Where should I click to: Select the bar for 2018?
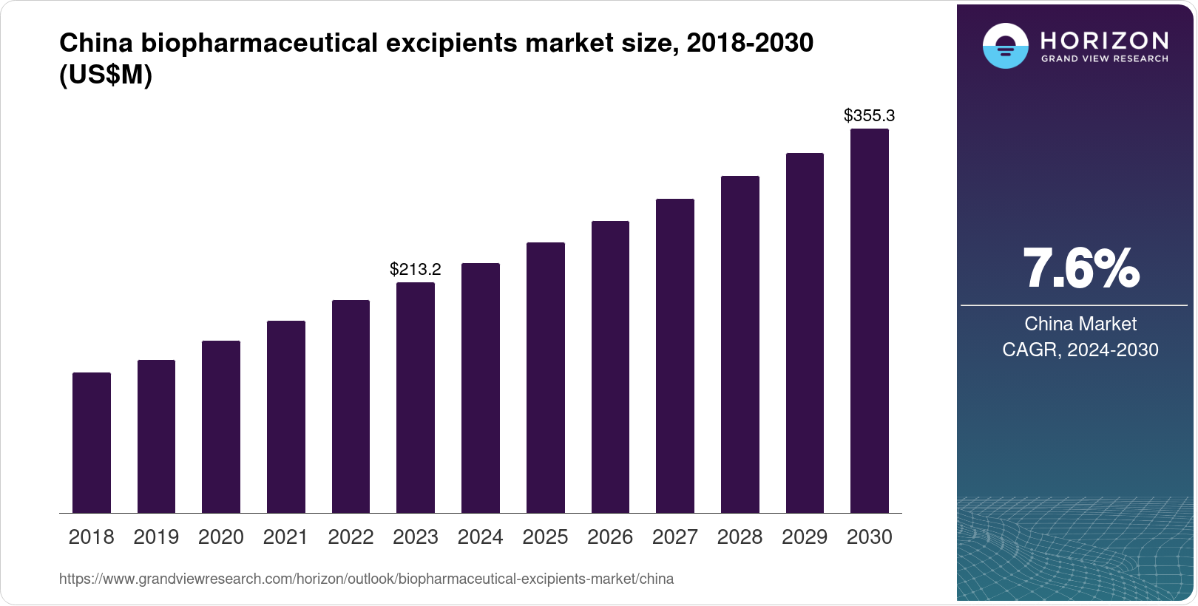(92, 443)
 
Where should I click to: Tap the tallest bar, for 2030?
(870, 321)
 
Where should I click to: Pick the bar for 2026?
(610, 367)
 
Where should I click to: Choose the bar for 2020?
(221, 426)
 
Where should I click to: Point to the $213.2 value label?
(416, 269)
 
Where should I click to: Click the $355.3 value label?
(870, 115)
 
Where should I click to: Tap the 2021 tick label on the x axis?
(285, 537)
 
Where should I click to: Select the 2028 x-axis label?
(740, 537)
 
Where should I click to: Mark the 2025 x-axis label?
(545, 537)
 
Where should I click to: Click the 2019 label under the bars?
(156, 537)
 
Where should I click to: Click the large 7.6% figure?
(1080, 269)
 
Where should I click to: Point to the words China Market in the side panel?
(1080, 324)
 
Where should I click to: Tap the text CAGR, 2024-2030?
(1080, 350)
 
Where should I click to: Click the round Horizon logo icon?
(1005, 46)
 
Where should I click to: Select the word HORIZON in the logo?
(1105, 40)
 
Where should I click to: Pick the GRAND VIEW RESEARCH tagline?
(1105, 58)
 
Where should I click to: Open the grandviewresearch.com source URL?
(366, 579)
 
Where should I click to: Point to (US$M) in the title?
(106, 75)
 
